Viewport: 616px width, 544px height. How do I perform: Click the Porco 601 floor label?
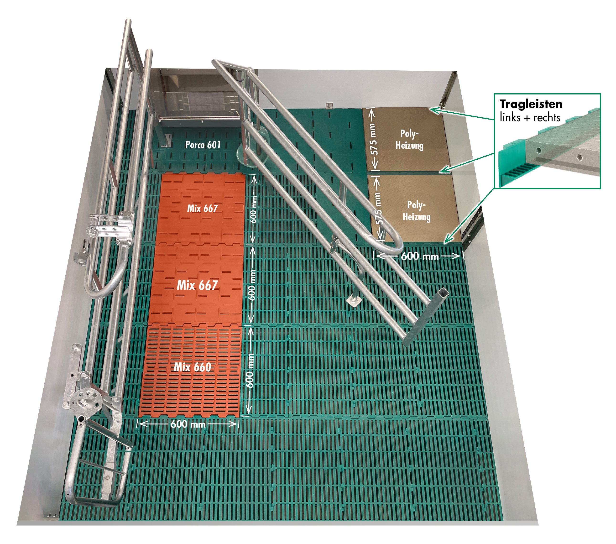(x=203, y=145)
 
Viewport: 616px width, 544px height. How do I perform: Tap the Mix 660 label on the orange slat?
(x=192, y=367)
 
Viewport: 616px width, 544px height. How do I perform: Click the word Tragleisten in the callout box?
(x=531, y=104)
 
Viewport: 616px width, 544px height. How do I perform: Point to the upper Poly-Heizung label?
(x=409, y=140)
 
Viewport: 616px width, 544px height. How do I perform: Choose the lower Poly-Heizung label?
(x=417, y=211)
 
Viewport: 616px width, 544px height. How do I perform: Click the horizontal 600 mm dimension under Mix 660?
(x=188, y=424)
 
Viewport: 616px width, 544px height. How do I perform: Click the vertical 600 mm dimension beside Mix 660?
(x=250, y=371)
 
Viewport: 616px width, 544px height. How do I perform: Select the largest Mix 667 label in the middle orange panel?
(x=197, y=285)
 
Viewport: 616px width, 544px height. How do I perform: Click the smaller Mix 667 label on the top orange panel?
(x=202, y=209)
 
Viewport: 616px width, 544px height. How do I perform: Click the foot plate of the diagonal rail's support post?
(x=355, y=300)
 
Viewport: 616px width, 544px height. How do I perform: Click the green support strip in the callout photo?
(x=512, y=169)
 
